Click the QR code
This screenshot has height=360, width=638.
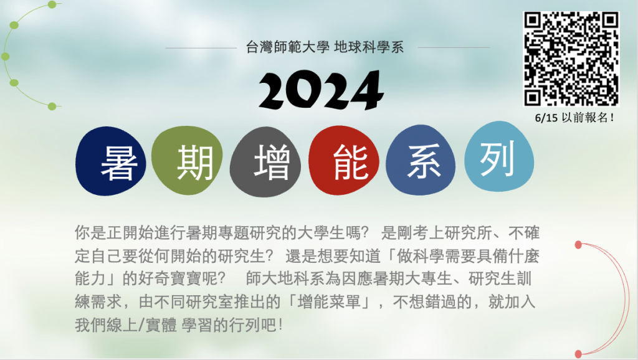click(x=571, y=59)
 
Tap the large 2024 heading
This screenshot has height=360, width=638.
click(x=321, y=90)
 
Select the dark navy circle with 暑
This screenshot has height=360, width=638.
click(x=111, y=161)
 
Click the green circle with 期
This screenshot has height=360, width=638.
click(x=187, y=160)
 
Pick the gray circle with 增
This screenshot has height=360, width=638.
click(x=265, y=162)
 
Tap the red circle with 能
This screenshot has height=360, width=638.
click(x=344, y=161)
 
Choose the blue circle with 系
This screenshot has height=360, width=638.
click(x=421, y=160)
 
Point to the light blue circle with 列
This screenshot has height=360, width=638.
click(x=499, y=156)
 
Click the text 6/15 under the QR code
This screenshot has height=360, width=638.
click(x=546, y=118)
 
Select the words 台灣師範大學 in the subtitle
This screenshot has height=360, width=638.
click(x=288, y=47)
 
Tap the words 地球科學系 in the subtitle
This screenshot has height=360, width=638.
click(x=369, y=47)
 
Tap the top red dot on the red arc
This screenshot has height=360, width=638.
click(x=578, y=245)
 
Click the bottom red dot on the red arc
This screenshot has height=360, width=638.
click(x=578, y=354)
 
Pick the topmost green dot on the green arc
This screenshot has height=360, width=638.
click(x=52, y=4)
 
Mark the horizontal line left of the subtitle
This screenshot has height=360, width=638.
click(x=201, y=48)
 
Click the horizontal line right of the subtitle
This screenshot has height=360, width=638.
click(x=454, y=47)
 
